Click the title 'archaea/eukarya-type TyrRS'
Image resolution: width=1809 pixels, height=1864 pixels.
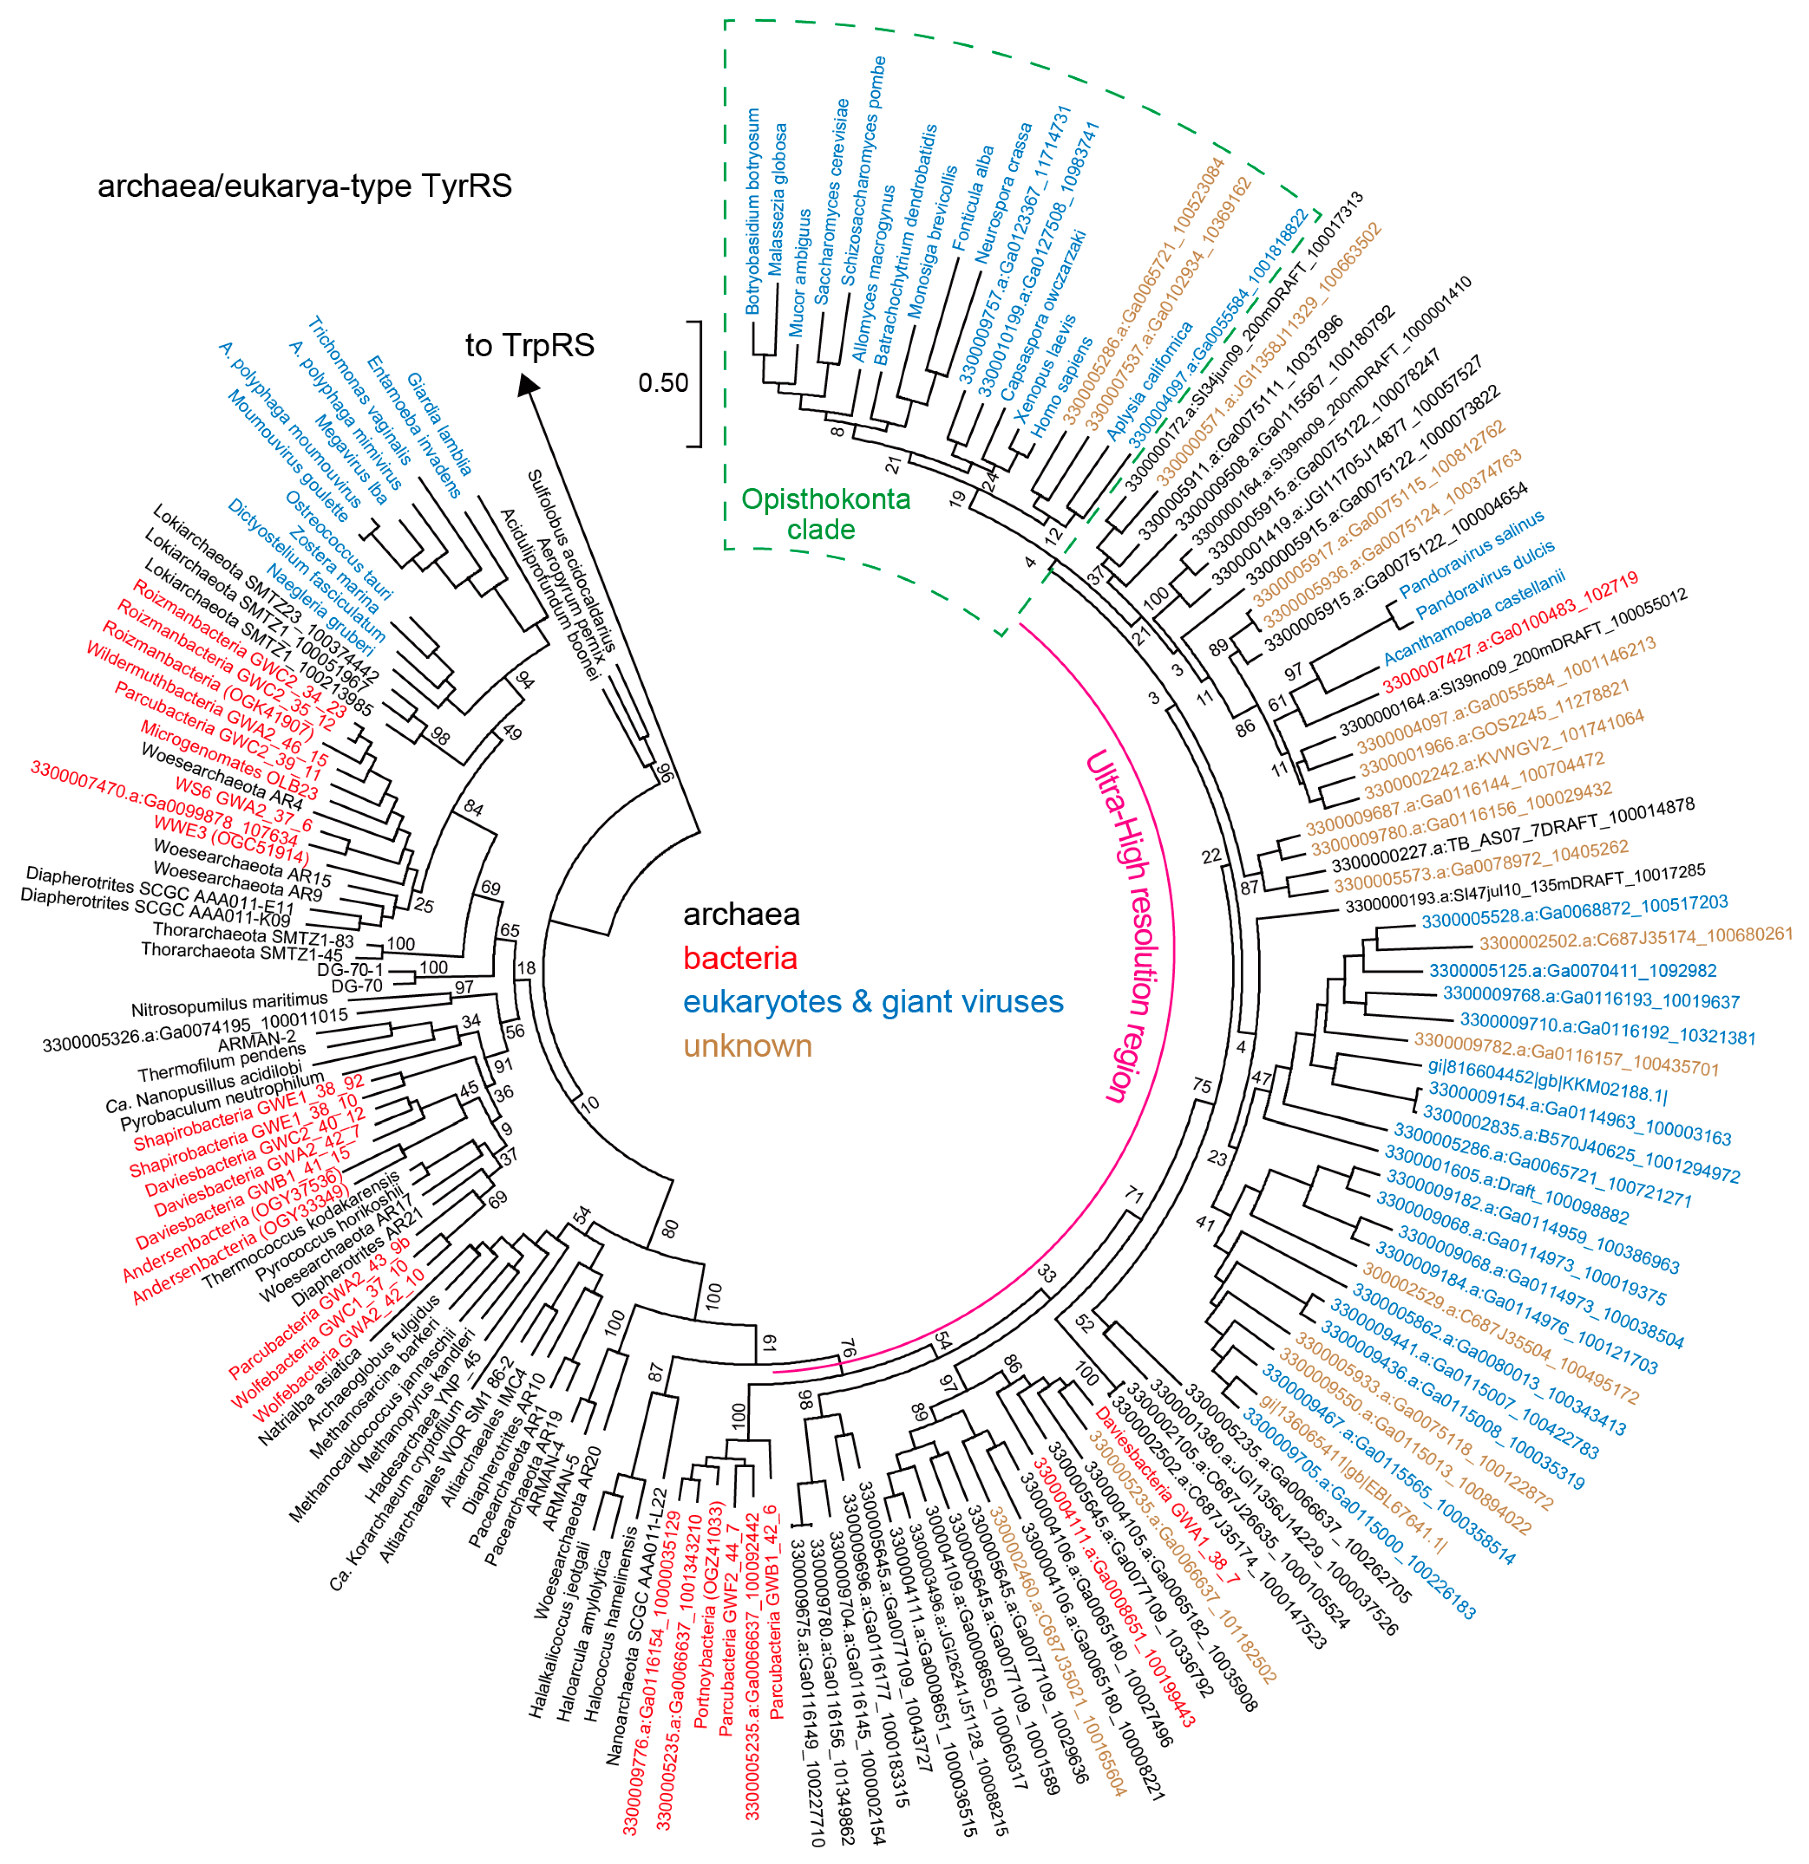click(x=304, y=186)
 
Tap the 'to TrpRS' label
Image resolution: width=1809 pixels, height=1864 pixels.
click(x=530, y=345)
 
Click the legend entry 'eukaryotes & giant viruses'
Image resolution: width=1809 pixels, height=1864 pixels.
click(x=872, y=1002)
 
